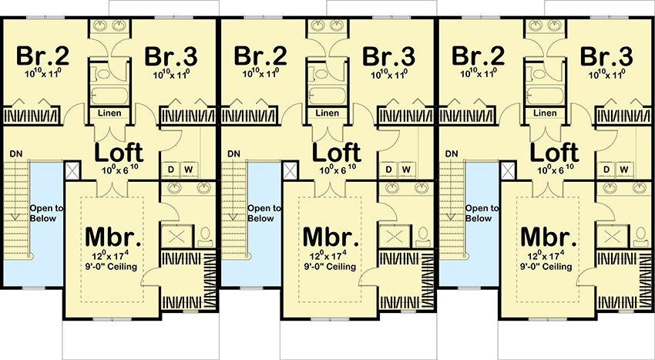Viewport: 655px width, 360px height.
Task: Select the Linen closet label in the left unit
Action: click(x=109, y=113)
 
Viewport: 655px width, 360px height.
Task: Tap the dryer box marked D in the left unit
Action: click(x=170, y=170)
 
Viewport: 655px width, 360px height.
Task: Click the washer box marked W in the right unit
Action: click(x=624, y=170)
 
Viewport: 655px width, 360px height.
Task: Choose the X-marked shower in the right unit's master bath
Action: click(x=613, y=236)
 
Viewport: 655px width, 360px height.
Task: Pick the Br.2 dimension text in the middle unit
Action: click(x=257, y=75)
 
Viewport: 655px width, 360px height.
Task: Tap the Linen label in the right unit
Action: click(x=546, y=113)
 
